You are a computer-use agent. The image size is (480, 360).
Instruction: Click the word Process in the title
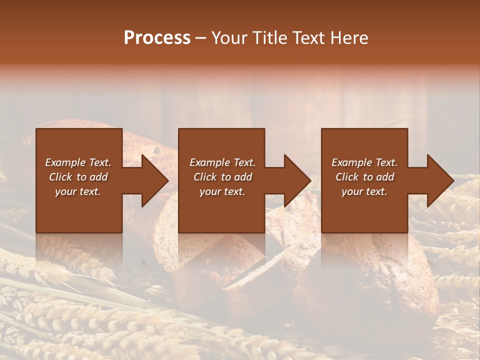click(157, 38)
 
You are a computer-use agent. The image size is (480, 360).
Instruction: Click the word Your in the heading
click(230, 38)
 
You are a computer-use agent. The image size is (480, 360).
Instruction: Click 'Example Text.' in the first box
click(78, 162)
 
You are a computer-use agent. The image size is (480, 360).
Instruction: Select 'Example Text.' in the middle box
click(222, 162)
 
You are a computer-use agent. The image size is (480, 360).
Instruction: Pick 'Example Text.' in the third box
click(364, 162)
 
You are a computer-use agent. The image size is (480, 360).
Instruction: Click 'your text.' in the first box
click(78, 191)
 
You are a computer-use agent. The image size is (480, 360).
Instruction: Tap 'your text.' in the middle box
click(222, 191)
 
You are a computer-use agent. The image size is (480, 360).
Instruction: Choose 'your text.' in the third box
click(364, 191)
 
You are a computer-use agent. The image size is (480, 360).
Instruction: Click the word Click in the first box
click(60, 177)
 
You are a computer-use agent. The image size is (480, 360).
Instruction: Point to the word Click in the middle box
click(205, 177)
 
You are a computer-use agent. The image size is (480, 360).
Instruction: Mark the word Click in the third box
click(347, 177)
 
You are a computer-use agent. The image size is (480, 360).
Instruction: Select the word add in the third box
click(384, 177)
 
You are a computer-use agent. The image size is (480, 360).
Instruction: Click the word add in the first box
click(98, 177)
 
